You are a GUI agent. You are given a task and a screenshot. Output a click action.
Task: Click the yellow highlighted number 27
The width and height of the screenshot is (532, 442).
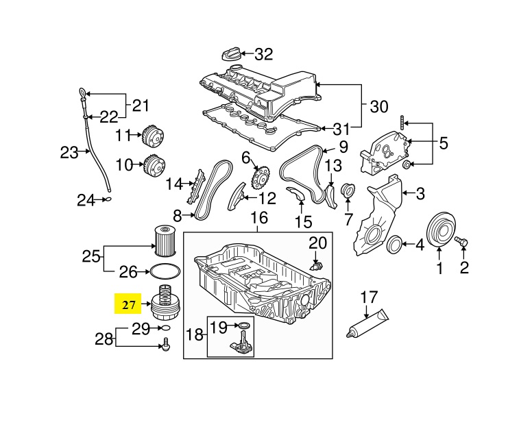click(x=128, y=305)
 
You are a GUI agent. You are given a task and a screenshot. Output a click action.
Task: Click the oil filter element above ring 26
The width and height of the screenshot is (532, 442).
click(x=165, y=241)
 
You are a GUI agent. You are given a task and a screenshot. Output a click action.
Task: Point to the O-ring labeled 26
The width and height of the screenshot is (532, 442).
click(x=165, y=271)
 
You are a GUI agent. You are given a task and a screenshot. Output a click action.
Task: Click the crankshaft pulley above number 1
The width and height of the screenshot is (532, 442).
click(x=441, y=230)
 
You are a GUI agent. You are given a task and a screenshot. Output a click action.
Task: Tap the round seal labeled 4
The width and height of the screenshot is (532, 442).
click(x=395, y=244)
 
